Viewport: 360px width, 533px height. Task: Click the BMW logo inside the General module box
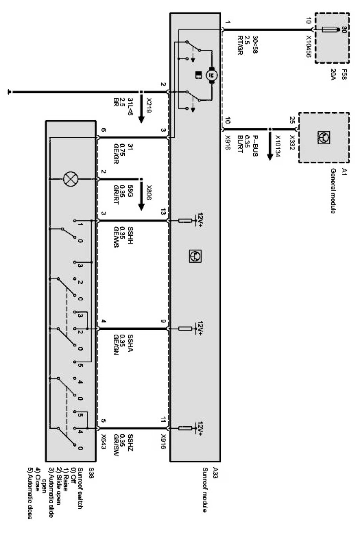point(324,137)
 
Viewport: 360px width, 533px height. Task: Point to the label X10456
point(308,47)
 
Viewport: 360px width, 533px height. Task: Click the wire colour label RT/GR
point(240,45)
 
